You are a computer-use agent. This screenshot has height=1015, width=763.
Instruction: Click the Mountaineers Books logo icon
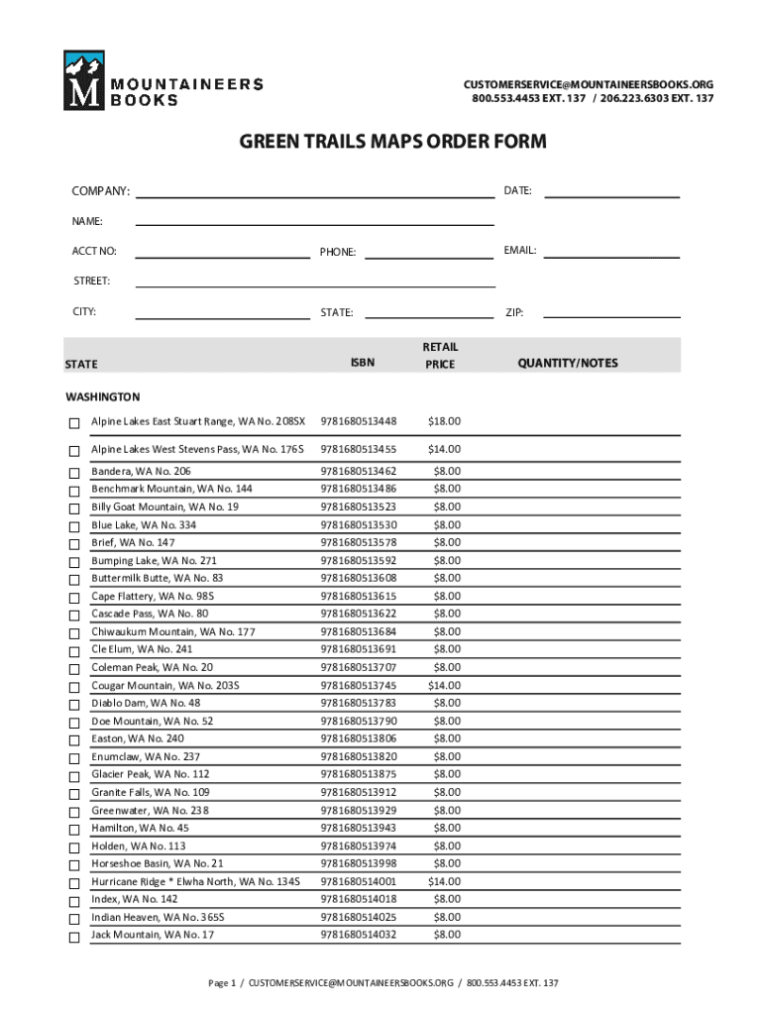pyautogui.click(x=82, y=79)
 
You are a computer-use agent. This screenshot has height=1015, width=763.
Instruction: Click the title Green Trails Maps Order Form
pyautogui.click(x=392, y=142)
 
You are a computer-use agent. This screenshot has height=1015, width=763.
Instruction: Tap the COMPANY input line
pyautogui.click(x=314, y=194)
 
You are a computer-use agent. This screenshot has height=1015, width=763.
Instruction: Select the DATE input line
pyautogui.click(x=612, y=194)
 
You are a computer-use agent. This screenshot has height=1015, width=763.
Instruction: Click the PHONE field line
pyautogui.click(x=428, y=256)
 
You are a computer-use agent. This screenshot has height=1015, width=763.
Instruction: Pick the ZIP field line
pyautogui.click(x=611, y=315)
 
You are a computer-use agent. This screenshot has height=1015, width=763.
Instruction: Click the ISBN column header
pyautogui.click(x=362, y=363)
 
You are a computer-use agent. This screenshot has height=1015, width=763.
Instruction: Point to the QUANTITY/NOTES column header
pyautogui.click(x=567, y=363)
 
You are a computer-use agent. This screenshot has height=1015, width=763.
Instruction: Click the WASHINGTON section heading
pyautogui.click(x=103, y=396)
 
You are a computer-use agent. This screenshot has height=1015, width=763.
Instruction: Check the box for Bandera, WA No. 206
pyautogui.click(x=73, y=472)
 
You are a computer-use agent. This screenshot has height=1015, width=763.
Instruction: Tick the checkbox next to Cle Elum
pyautogui.click(x=73, y=650)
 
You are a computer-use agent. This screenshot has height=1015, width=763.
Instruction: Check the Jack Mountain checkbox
pyautogui.click(x=73, y=936)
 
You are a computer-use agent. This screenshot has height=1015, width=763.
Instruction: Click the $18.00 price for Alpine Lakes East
pyautogui.click(x=444, y=422)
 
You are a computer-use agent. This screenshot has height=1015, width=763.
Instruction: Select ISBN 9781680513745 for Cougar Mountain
pyautogui.click(x=358, y=685)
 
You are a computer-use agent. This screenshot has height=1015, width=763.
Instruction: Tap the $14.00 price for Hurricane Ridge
pyautogui.click(x=444, y=881)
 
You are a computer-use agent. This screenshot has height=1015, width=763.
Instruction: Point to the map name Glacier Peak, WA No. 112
pyautogui.click(x=151, y=774)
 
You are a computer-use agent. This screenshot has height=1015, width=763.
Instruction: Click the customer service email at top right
pyautogui.click(x=589, y=84)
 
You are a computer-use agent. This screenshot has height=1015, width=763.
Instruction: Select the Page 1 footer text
pyautogui.click(x=383, y=983)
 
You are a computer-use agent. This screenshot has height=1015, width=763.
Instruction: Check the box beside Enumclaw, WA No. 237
pyautogui.click(x=73, y=757)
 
